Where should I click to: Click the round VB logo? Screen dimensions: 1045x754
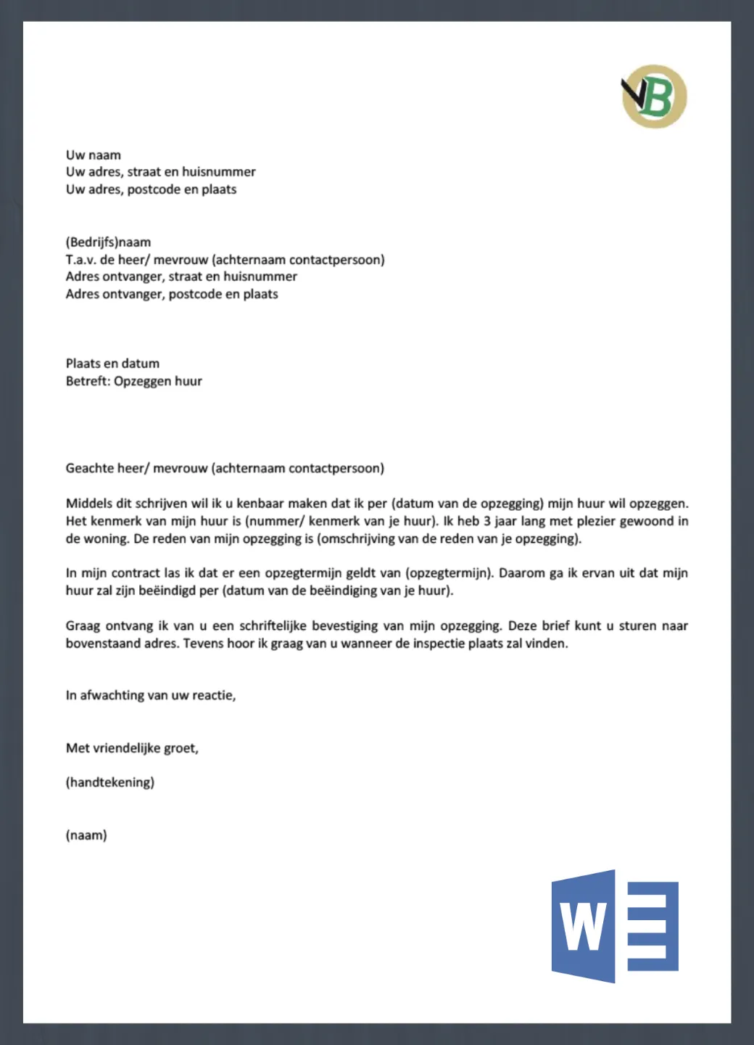pyautogui.click(x=654, y=97)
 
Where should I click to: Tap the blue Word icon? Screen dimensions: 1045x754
pyautogui.click(x=615, y=926)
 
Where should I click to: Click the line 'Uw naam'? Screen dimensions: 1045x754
pyautogui.click(x=94, y=155)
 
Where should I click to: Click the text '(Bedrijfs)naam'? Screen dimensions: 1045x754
pyautogui.click(x=108, y=242)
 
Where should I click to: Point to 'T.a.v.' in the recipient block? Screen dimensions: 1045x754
pyautogui.click(x=80, y=260)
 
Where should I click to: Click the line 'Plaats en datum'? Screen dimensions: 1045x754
pyautogui.click(x=112, y=364)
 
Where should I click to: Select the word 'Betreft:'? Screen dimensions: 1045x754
pyautogui.click(x=88, y=381)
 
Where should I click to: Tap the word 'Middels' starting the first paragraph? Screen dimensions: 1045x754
pyautogui.click(x=89, y=504)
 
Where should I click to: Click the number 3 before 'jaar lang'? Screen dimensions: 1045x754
pyautogui.click(x=487, y=521)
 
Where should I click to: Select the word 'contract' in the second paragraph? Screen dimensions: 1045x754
pyautogui.click(x=136, y=573)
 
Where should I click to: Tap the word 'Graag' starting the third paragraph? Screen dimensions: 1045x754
pyautogui.click(x=83, y=626)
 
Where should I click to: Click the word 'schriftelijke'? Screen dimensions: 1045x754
pyautogui.click(x=278, y=626)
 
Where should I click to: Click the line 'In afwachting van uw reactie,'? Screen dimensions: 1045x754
pyautogui.click(x=151, y=695)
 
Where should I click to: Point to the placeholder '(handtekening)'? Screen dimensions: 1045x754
pyautogui.click(x=110, y=782)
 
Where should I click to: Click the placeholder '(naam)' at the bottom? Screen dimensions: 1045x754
pyautogui.click(x=86, y=835)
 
